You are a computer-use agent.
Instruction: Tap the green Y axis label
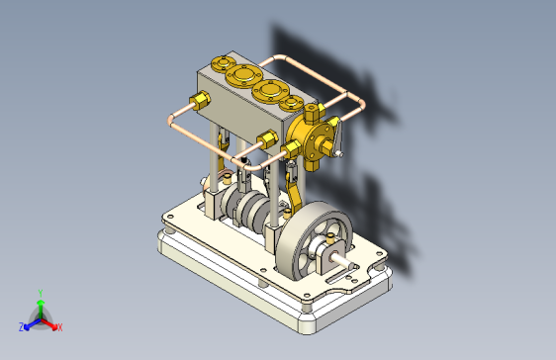click(41, 293)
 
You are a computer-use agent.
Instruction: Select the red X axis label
click(60, 327)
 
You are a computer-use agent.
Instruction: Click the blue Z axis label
click(22, 327)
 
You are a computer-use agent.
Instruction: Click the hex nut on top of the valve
click(311, 113)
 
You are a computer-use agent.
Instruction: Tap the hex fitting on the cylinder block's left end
click(201, 100)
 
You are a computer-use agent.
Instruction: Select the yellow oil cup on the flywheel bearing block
click(330, 238)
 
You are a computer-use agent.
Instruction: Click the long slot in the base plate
click(338, 277)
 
